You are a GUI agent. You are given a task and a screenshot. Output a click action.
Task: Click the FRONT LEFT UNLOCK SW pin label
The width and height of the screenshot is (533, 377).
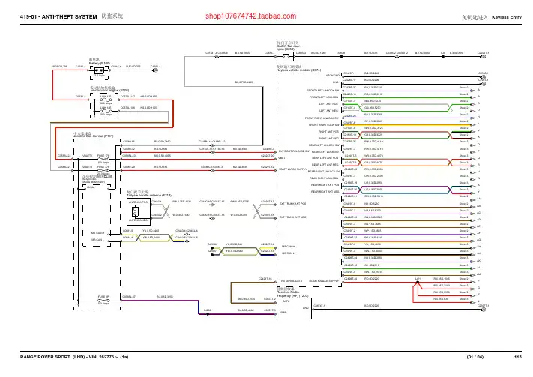321,91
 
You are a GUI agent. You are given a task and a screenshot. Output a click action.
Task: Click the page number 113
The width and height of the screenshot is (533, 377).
517,368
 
